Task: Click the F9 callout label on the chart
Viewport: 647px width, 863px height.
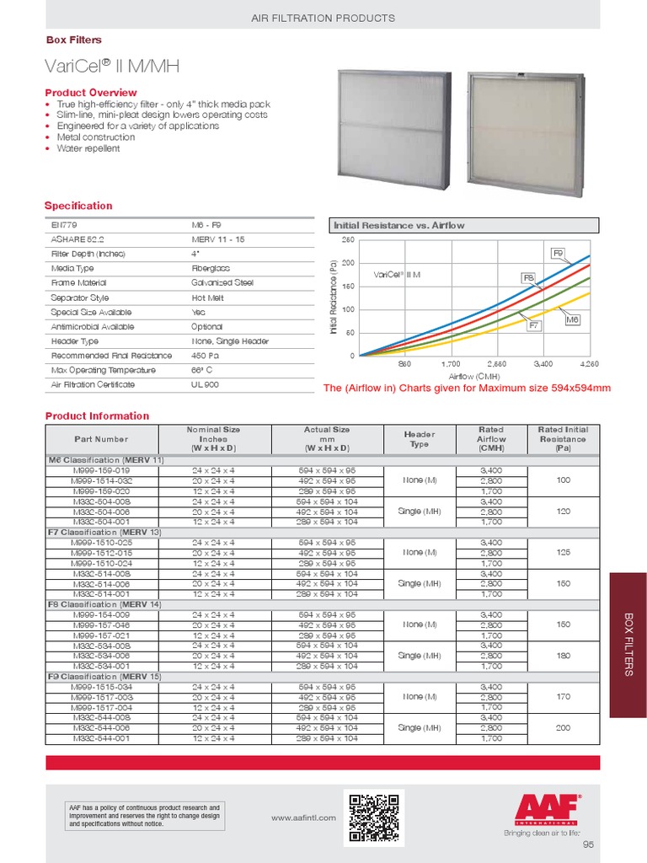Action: (x=558, y=253)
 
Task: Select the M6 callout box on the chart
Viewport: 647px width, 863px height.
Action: (x=572, y=320)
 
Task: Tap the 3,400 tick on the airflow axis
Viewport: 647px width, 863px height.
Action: (x=543, y=364)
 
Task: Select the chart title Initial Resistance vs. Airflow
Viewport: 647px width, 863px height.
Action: (x=399, y=225)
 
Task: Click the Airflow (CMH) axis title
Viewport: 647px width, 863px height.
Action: (x=475, y=376)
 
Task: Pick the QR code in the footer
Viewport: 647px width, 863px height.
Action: (x=375, y=817)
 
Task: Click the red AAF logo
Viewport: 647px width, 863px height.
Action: (x=548, y=810)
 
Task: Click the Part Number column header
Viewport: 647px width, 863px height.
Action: (x=101, y=439)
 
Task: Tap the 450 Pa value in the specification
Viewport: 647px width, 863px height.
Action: (x=205, y=356)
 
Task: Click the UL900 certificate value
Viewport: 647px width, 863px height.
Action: (x=205, y=384)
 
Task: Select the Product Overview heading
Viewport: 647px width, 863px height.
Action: (x=90, y=92)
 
